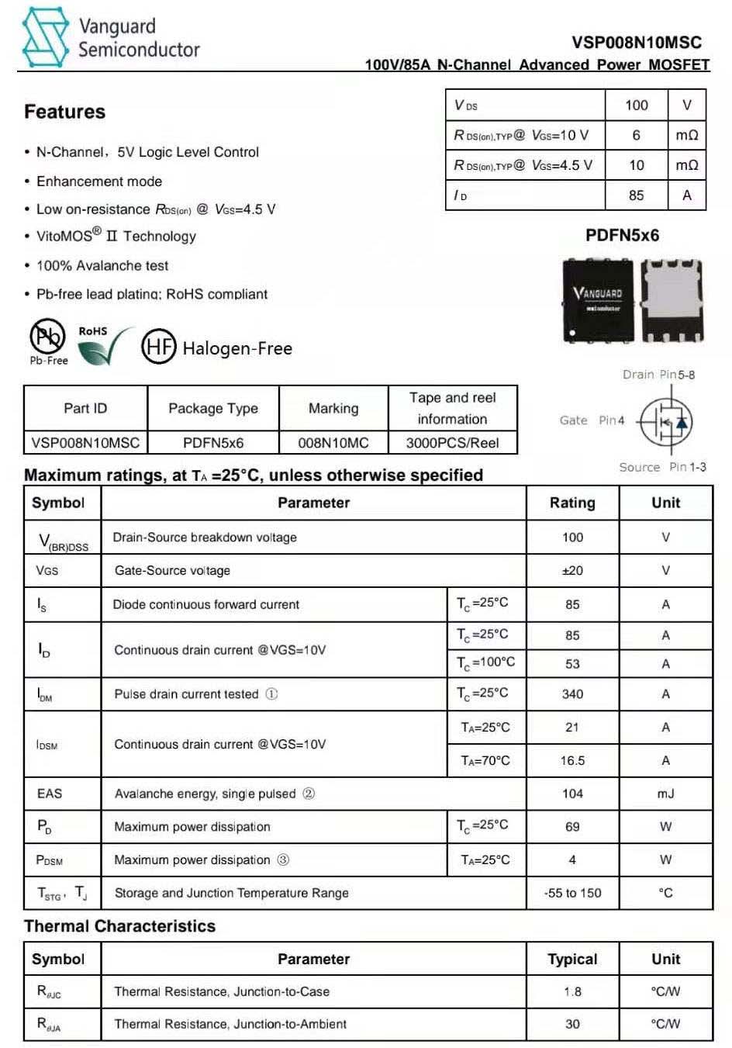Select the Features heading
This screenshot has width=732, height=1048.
64,112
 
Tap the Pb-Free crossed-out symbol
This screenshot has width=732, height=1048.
47,337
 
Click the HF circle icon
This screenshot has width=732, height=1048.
158,347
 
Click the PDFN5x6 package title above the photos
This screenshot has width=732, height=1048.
622,235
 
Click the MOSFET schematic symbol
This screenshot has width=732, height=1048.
665,422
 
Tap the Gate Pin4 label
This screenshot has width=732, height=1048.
592,420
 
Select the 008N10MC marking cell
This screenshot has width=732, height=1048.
333,443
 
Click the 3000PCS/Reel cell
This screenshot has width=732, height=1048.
452,443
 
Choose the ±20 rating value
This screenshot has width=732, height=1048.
572,571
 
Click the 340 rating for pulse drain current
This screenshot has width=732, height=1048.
572,694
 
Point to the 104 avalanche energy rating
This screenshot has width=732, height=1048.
572,794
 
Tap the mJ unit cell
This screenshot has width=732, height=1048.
665,794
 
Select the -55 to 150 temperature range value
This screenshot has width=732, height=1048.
572,893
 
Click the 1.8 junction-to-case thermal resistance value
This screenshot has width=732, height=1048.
572,991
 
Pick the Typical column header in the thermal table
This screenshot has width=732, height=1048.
572,959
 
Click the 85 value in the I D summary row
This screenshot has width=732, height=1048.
636,195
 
